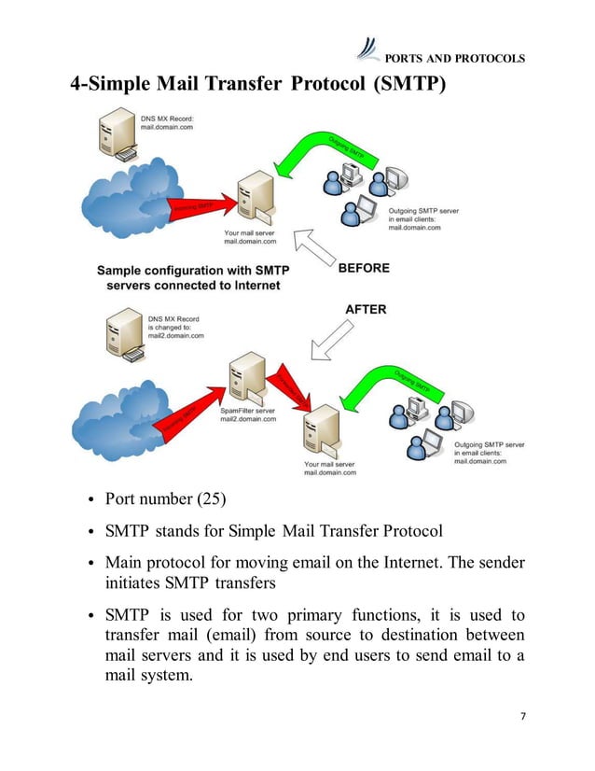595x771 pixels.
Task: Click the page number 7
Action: (x=523, y=715)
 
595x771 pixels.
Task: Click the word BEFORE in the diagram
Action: (x=364, y=268)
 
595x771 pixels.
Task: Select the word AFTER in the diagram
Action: (x=366, y=309)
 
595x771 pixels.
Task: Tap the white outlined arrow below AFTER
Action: (x=330, y=342)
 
